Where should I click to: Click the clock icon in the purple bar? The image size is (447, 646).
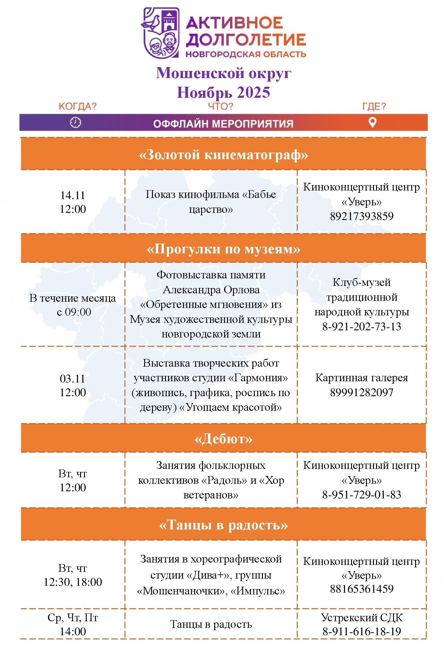(75, 123)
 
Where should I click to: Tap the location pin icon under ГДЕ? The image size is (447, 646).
(372, 122)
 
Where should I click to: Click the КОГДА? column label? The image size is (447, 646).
(77, 106)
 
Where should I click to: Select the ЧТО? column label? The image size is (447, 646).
(221, 106)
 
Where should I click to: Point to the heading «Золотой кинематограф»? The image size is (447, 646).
(223, 155)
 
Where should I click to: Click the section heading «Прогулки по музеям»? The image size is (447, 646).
(223, 249)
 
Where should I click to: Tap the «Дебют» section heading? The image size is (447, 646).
(223, 439)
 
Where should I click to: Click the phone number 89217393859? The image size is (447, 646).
(361, 216)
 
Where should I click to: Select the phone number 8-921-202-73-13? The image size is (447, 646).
(361, 326)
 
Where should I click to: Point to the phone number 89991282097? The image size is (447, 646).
(361, 392)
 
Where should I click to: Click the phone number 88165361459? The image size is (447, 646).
(361, 589)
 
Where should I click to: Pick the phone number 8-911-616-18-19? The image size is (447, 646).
(361, 631)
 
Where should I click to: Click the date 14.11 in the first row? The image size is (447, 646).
(73, 195)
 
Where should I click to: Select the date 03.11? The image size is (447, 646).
(73, 379)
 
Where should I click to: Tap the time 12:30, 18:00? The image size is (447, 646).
(73, 582)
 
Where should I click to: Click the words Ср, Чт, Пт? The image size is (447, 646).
(73, 618)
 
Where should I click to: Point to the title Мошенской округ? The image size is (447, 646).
(223, 73)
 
